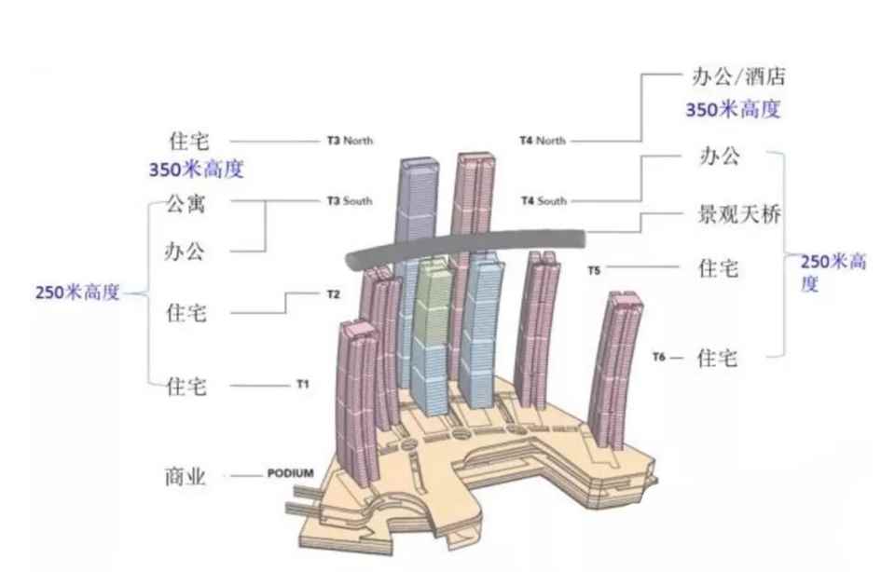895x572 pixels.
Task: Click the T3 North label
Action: click(350, 142)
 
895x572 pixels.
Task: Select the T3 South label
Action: click(350, 201)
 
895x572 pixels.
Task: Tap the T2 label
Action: click(333, 294)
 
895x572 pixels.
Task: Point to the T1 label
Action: click(302, 384)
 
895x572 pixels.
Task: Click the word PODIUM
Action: click(290, 474)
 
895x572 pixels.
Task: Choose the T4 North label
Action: click(543, 142)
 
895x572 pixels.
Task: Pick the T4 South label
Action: click(543, 201)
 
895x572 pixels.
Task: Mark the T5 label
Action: click(594, 270)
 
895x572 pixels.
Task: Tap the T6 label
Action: click(659, 357)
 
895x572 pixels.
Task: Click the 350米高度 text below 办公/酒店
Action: click(733, 109)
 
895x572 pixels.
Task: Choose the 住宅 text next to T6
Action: click(718, 358)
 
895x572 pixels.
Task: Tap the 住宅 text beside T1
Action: click(187, 385)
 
